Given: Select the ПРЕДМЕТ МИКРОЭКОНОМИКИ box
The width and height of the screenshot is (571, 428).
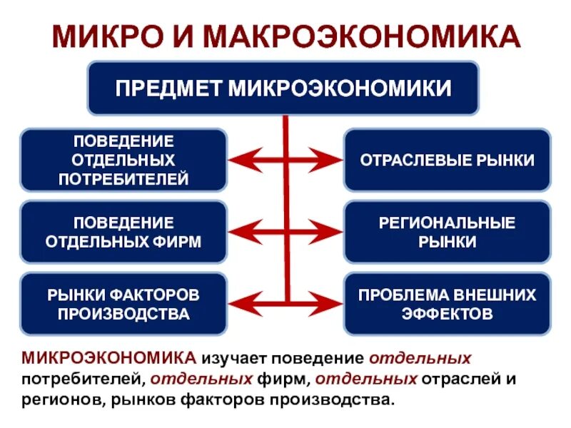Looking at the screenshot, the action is point(283,88).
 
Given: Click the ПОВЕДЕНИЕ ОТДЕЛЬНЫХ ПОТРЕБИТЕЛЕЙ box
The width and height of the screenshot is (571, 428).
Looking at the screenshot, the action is point(123,159).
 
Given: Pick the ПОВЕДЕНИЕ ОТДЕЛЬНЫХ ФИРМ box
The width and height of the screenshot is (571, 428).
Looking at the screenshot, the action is point(123,231).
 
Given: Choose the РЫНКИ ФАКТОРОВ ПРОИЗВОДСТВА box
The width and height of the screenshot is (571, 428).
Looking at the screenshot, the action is point(123,303).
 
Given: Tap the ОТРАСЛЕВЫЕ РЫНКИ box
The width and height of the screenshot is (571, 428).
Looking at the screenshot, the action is point(447,160).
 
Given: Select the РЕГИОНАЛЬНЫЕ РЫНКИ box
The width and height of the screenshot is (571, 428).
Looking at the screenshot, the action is point(447,231).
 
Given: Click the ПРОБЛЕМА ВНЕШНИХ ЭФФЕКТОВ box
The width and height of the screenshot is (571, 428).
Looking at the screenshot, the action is point(447,303).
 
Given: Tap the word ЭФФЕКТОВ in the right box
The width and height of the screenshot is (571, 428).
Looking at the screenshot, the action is point(447,312).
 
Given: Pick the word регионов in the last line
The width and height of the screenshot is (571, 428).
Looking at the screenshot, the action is point(62,397).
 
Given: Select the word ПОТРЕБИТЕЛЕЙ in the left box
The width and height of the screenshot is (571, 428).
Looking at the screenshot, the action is point(123,178).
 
